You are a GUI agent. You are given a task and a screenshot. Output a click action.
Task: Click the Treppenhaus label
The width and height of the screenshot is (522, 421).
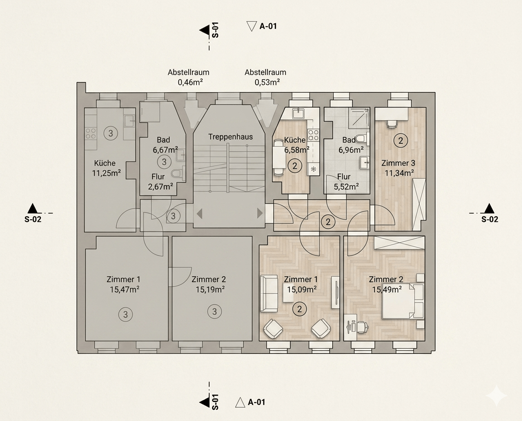(231, 137)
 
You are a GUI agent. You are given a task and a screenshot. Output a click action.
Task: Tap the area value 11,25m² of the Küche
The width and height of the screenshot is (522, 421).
(106, 173)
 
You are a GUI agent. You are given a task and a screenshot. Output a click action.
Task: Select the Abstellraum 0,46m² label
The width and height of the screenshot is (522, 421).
(188, 77)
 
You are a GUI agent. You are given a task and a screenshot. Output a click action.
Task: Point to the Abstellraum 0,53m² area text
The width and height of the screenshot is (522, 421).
(266, 77)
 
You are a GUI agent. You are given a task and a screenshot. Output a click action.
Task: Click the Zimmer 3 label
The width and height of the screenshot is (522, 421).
(398, 163)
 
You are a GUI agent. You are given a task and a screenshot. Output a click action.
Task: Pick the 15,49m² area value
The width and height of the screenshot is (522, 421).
(386, 289)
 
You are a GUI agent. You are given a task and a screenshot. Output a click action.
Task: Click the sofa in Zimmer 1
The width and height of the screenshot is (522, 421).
(269, 293)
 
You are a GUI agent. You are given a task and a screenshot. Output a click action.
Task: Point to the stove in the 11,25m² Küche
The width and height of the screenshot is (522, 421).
(90, 133)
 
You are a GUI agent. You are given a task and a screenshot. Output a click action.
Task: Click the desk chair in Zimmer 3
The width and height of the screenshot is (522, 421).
(391, 123)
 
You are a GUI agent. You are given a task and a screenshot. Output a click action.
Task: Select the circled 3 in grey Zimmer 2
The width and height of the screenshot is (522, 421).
(214, 312)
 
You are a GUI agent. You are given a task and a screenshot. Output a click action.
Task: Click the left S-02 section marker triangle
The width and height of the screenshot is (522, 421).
(32, 209)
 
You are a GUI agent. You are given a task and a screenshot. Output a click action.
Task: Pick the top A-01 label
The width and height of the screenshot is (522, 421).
(268, 26)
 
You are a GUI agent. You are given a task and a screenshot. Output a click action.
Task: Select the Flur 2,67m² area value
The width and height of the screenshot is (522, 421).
(161, 187)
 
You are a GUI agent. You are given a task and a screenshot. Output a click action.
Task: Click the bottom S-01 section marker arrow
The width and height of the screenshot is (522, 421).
(204, 401)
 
